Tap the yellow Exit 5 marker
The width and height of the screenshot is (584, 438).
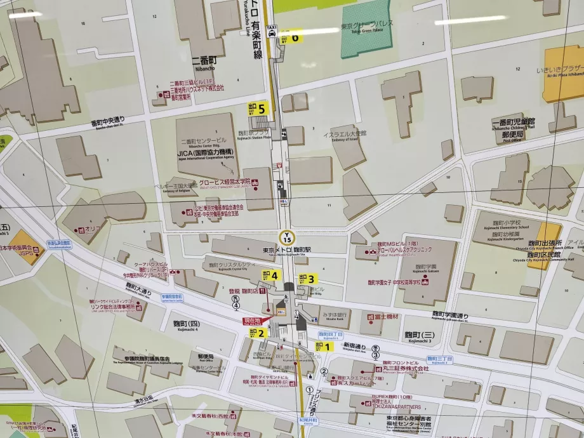258,108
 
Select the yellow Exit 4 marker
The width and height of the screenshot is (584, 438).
270,275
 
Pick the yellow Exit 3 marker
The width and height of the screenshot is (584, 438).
307,278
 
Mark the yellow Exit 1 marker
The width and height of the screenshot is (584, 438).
324,346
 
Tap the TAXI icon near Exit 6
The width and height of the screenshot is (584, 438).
272,29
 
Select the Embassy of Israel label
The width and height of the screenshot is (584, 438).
345,135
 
